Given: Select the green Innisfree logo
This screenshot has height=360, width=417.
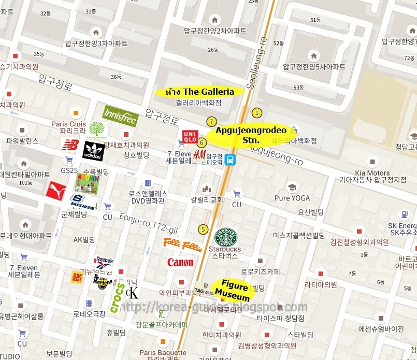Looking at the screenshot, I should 120,117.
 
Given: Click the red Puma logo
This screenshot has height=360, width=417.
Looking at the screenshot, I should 56,191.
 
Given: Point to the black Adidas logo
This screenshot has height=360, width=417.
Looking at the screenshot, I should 94,151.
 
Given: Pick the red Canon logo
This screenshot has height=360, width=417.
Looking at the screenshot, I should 180,263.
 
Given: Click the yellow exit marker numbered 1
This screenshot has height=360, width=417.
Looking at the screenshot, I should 256,112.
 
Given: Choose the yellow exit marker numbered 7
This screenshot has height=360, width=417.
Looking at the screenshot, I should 211,121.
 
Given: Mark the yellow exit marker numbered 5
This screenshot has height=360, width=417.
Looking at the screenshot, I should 203,229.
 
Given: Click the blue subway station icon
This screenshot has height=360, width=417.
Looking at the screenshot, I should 231,160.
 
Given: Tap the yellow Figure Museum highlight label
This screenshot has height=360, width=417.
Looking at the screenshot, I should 233,290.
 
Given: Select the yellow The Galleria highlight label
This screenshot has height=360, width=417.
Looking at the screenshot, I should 199,92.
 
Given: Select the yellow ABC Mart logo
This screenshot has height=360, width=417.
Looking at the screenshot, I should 78,277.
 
